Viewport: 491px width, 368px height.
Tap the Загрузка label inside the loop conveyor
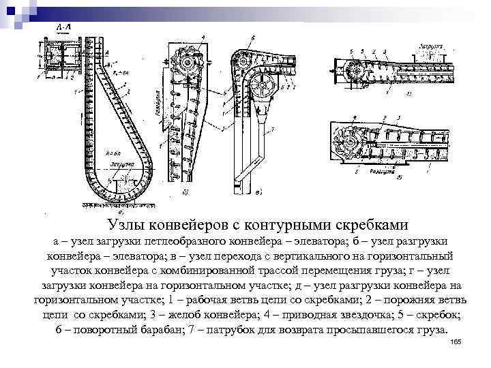pos(113,164)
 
